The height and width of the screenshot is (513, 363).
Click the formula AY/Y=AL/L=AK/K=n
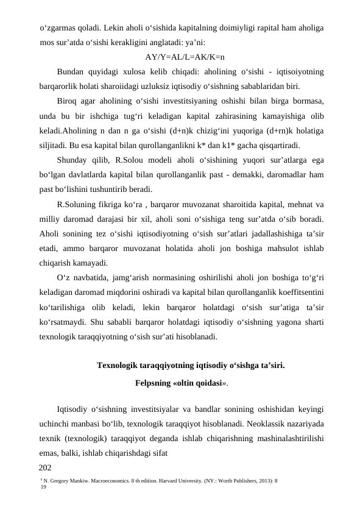185,58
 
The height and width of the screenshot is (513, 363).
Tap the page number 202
45,468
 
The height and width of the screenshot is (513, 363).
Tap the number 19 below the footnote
43,488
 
